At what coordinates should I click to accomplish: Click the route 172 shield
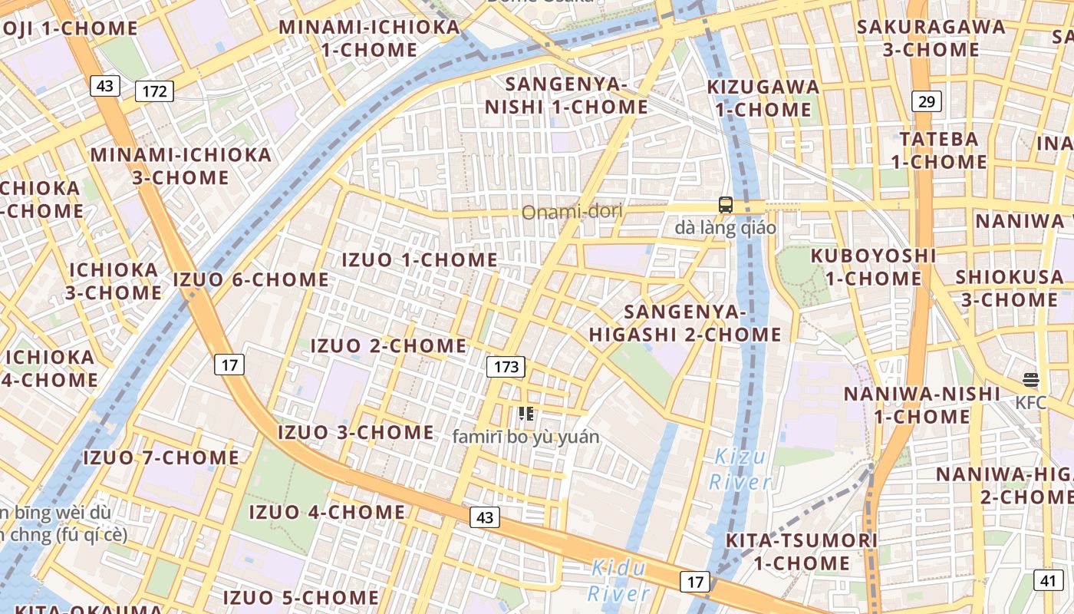click(x=154, y=91)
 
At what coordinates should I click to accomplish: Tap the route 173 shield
click(x=506, y=367)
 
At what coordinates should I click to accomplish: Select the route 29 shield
click(x=927, y=101)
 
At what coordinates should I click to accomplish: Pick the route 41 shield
click(x=1049, y=580)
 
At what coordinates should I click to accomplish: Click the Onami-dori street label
click(x=572, y=212)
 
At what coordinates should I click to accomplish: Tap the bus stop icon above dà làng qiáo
click(x=725, y=205)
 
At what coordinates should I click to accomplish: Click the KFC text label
click(x=1030, y=403)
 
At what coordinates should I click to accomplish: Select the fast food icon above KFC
click(x=1030, y=380)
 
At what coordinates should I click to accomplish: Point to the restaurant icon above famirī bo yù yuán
click(x=525, y=414)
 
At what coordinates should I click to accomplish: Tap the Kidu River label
click(x=618, y=581)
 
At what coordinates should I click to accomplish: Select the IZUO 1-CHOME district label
click(x=420, y=259)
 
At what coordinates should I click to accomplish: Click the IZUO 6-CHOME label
click(x=251, y=279)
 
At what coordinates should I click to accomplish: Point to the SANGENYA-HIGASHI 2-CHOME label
click(x=685, y=323)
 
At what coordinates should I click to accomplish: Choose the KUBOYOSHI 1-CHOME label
click(x=873, y=266)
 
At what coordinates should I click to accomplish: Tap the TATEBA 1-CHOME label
click(x=939, y=150)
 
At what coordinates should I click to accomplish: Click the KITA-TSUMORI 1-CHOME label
click(x=802, y=551)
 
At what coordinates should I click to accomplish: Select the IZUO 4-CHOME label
click(x=327, y=512)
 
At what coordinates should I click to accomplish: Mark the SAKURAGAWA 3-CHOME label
click(x=931, y=38)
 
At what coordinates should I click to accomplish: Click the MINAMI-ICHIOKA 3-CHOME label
click(x=181, y=166)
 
